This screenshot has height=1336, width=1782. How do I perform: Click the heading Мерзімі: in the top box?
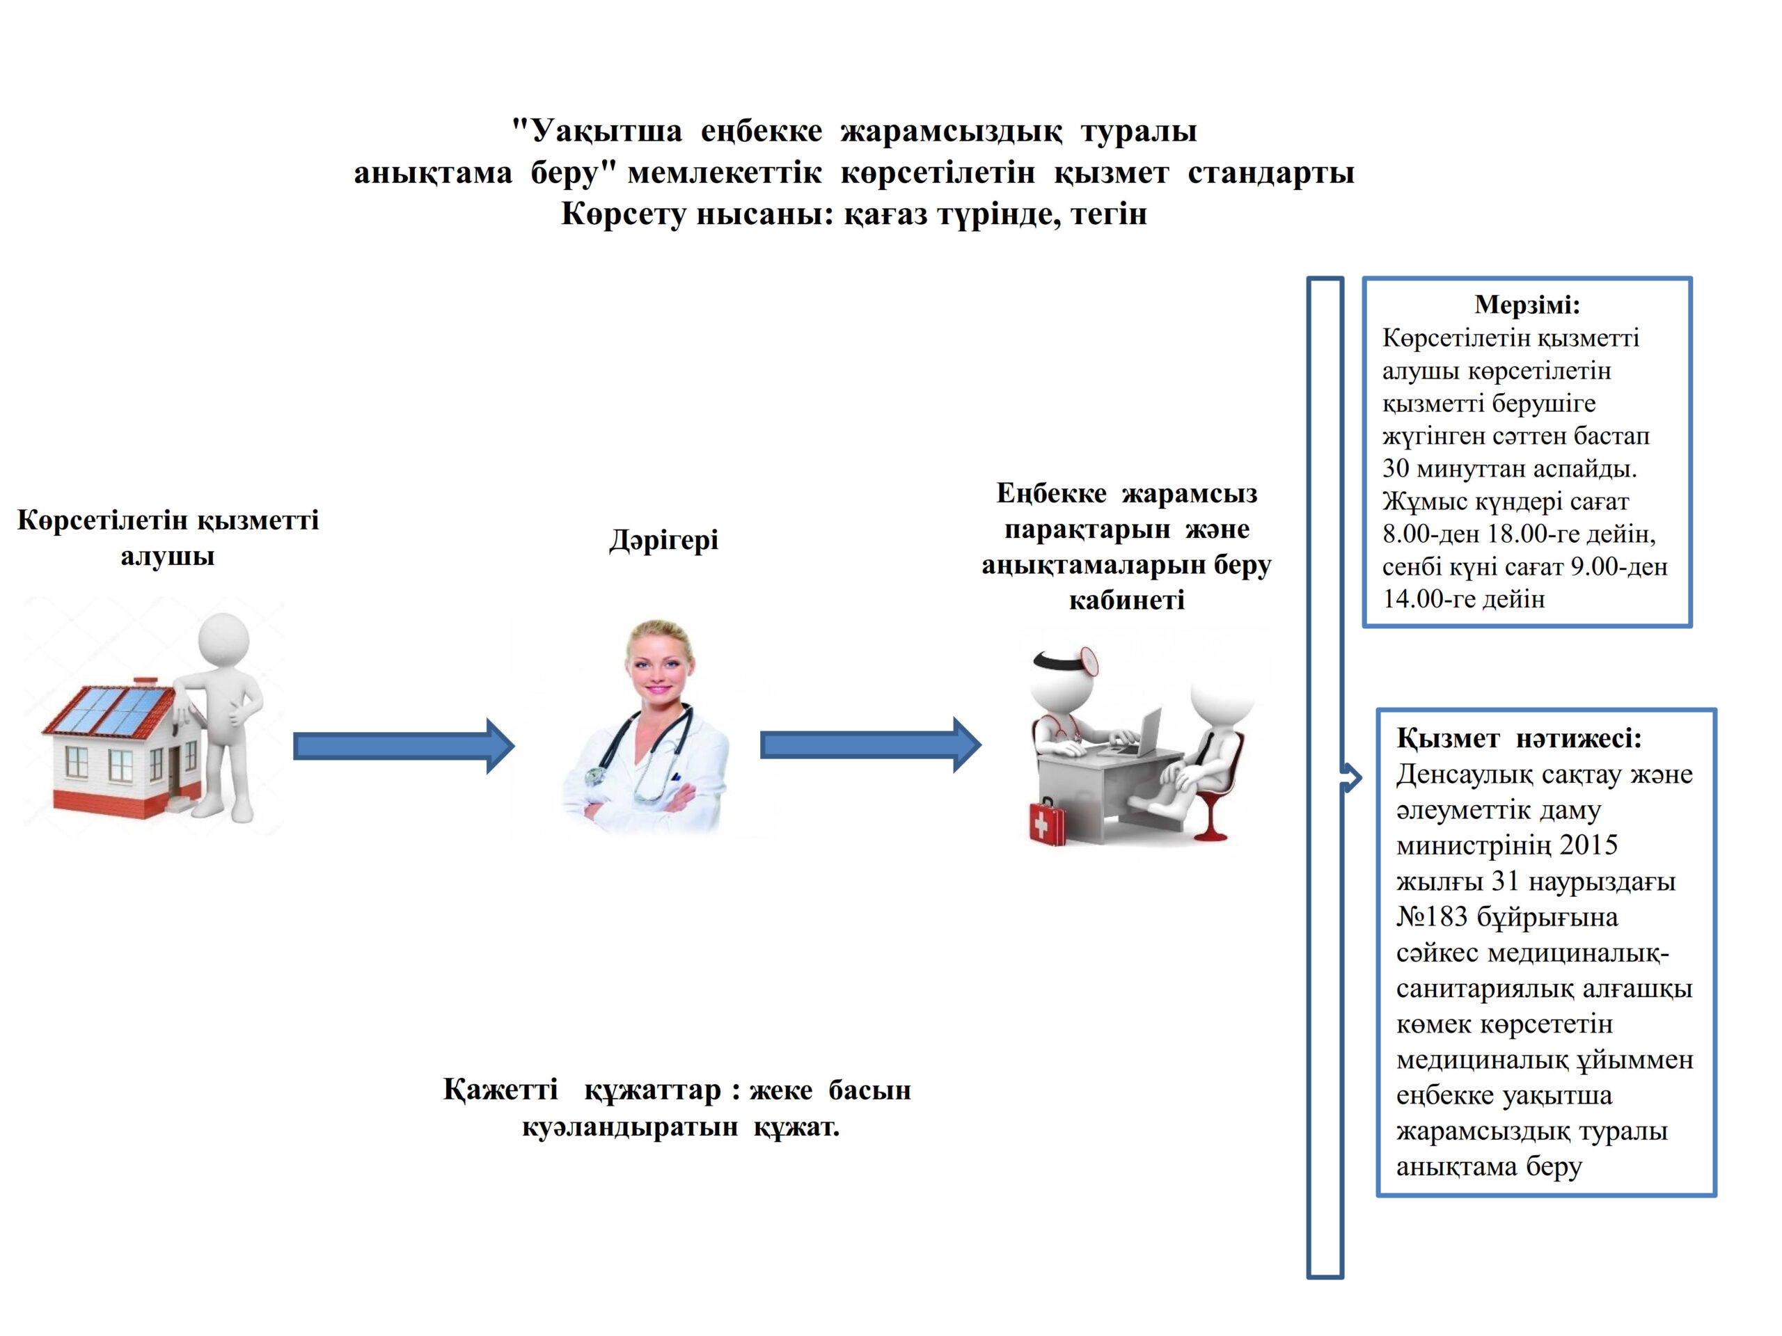[1527, 304]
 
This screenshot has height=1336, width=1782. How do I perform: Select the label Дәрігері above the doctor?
[663, 539]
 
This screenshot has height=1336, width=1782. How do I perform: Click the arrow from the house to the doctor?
[403, 746]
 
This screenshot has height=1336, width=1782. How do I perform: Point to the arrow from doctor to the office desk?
[870, 745]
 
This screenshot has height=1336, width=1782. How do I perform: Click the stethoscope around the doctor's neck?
[645, 757]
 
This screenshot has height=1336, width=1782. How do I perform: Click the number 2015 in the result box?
[1588, 845]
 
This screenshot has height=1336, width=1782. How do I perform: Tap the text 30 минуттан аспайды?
[1509, 469]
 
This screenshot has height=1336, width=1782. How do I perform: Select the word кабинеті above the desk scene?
[1126, 600]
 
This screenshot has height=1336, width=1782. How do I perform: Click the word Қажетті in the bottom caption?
[500, 1090]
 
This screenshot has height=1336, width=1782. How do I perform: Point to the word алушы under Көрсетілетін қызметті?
[168, 557]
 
